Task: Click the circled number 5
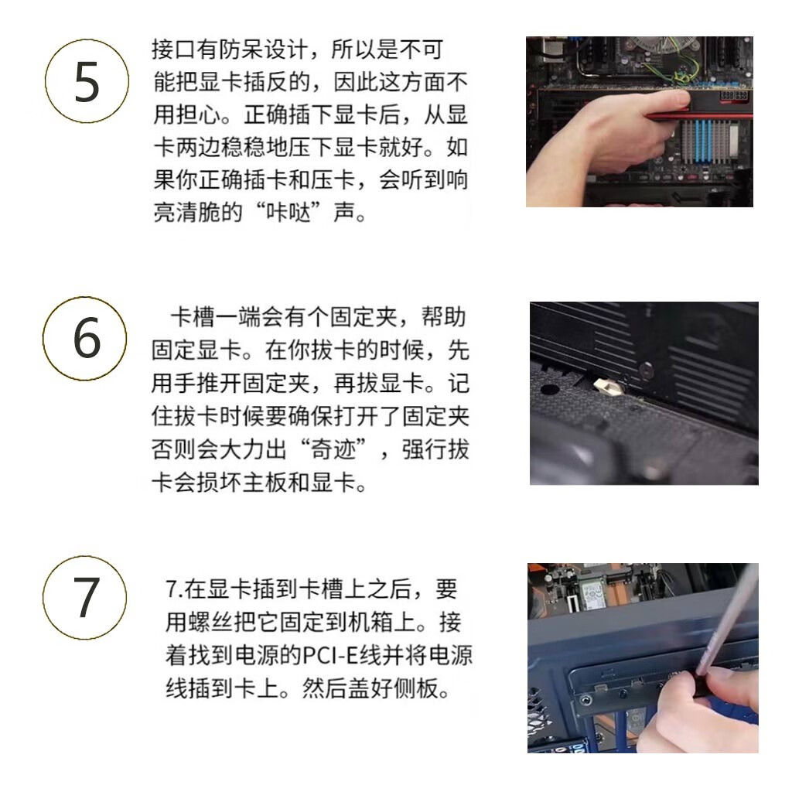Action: (x=87, y=81)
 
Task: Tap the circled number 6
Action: (x=85, y=339)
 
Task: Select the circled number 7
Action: (x=85, y=598)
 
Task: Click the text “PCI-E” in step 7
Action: (x=330, y=655)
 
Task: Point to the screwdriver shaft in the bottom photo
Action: (x=728, y=621)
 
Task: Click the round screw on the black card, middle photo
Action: (x=647, y=370)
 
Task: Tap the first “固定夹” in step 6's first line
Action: (x=364, y=318)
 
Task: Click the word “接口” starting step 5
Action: (x=174, y=49)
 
